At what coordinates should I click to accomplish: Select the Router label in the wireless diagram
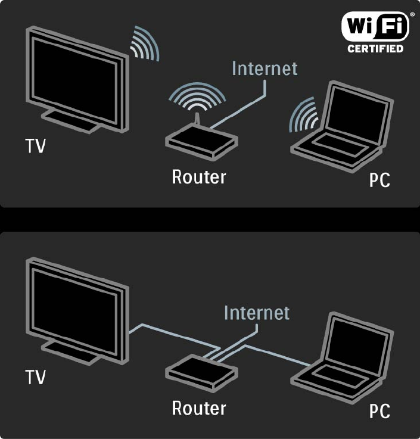pyautogui.click(x=199, y=177)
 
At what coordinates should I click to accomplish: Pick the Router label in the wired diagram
pyautogui.click(x=199, y=408)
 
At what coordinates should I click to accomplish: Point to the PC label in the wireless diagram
pyautogui.click(x=379, y=180)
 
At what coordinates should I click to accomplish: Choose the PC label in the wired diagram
pyautogui.click(x=379, y=411)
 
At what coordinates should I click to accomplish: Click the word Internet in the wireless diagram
pyautogui.click(x=264, y=67)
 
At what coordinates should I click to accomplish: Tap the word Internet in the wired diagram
pyautogui.click(x=256, y=313)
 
